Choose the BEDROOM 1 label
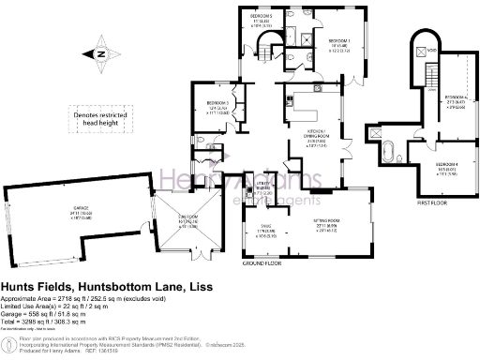pos(337,43)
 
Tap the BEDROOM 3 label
pos(217,109)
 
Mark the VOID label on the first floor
pos(432,51)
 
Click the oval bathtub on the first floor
pos(386,153)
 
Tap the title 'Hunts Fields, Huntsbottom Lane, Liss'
pos(106,286)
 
